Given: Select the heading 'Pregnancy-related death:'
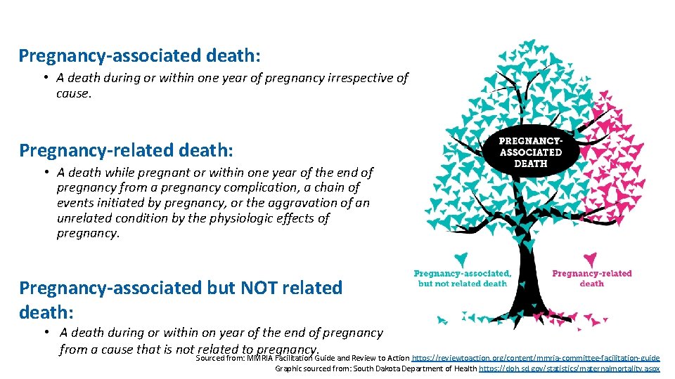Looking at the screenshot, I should (x=126, y=150).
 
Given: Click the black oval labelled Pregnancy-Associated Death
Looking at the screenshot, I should (x=530, y=152).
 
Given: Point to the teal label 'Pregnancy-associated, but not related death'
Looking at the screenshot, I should (x=462, y=279).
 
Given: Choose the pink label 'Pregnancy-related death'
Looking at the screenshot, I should (x=591, y=279).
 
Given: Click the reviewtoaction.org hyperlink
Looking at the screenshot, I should (x=536, y=357).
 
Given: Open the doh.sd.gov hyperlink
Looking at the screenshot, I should (x=569, y=368).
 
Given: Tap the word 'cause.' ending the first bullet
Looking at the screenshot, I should (x=74, y=93).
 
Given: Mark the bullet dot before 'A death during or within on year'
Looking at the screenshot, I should (x=45, y=333).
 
